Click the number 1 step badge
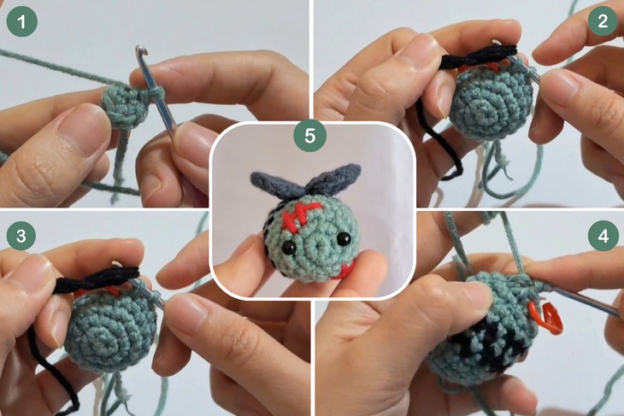[21, 21]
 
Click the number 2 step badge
[603, 21]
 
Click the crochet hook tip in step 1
[137, 52]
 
